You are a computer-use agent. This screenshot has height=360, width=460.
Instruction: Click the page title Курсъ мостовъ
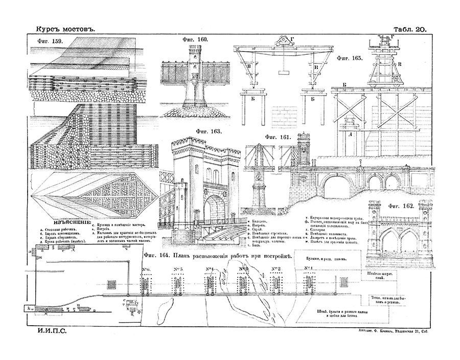[63, 30]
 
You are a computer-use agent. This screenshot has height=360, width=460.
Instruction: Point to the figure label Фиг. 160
[195, 40]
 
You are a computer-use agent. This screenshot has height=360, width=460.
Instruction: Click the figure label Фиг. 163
[209, 131]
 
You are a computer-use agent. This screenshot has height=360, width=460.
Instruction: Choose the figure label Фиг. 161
[278, 137]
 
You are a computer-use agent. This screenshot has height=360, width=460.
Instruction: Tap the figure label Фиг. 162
[401, 206]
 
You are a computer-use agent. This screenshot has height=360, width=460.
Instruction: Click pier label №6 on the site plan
[146, 269]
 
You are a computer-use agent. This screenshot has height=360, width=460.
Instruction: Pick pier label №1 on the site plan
[308, 268]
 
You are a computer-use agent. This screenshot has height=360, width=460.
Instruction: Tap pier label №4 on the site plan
[210, 269]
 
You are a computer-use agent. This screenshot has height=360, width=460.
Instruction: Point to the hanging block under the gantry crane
[281, 73]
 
